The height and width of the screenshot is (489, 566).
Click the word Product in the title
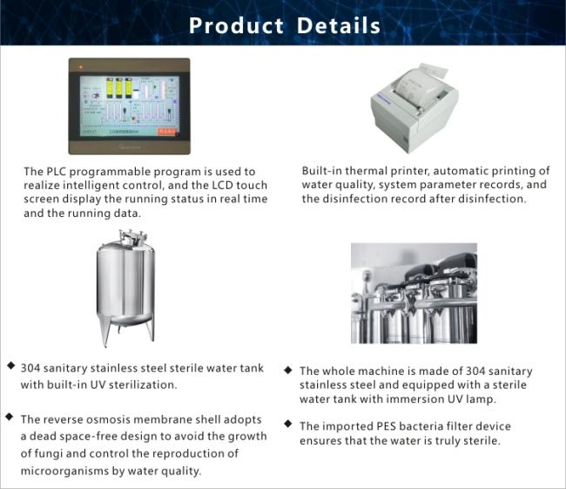[236, 26]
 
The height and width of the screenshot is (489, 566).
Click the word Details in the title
[339, 25]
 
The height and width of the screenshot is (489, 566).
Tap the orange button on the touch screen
[166, 132]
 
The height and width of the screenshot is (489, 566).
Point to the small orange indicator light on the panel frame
[81, 67]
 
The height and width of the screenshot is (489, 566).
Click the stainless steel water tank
[125, 288]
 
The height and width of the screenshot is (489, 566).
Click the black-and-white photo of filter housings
[414, 293]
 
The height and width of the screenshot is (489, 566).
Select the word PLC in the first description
[56, 172]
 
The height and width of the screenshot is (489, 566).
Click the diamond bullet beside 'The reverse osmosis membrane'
[10, 417]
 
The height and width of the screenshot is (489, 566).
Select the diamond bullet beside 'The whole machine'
[288, 370]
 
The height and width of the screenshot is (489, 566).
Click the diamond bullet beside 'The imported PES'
[288, 424]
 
